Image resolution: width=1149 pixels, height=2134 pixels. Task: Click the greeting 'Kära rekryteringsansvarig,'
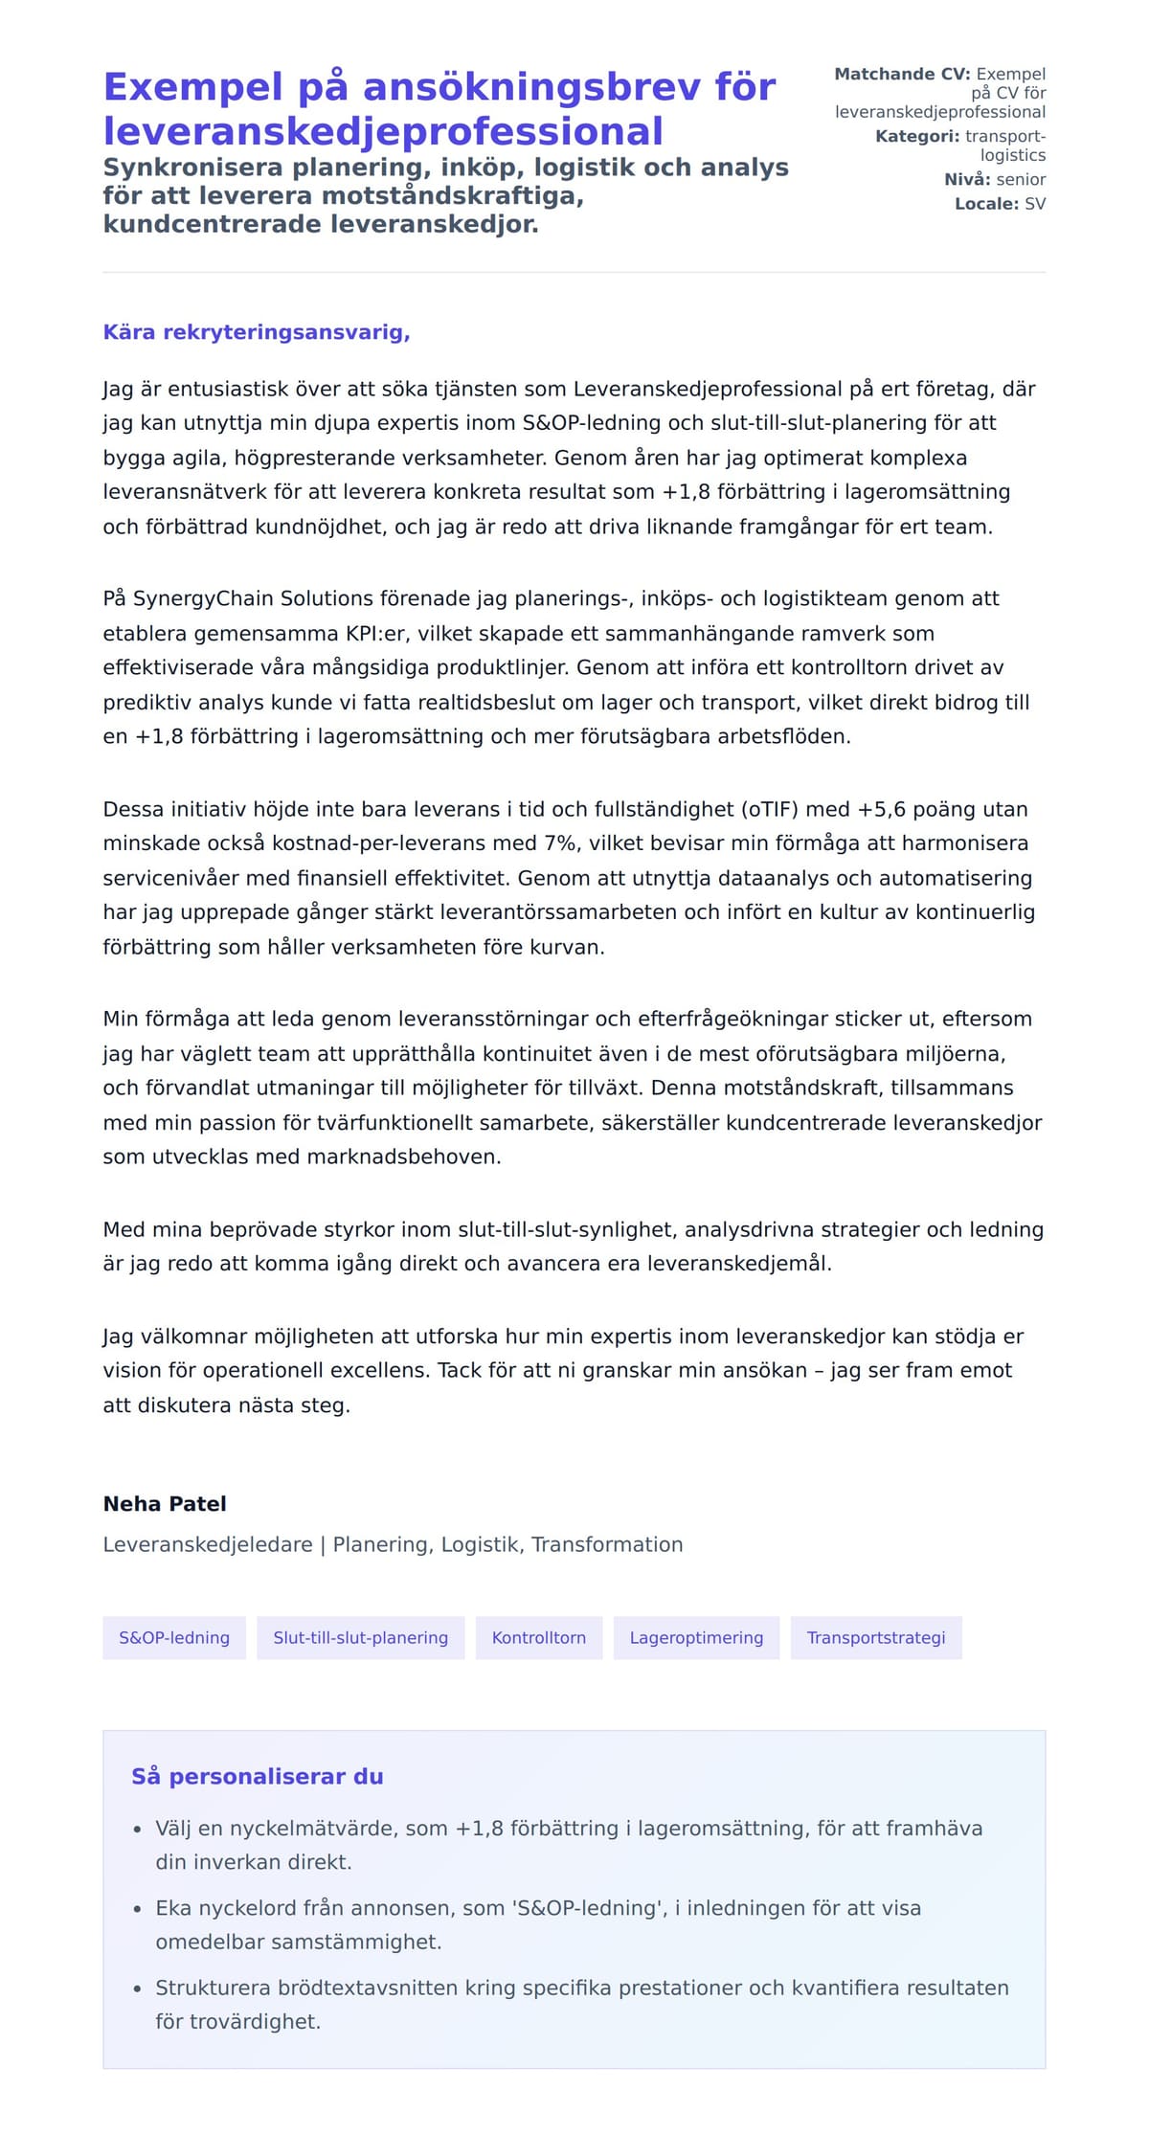click(x=256, y=332)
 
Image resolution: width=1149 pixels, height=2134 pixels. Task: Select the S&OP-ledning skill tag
click(x=174, y=1637)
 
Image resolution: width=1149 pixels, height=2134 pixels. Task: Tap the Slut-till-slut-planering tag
click(x=360, y=1637)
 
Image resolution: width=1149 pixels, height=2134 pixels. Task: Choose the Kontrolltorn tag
click(x=538, y=1637)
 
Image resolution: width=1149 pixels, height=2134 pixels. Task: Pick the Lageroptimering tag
click(x=696, y=1637)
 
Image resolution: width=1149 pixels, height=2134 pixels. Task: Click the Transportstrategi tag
click(x=875, y=1637)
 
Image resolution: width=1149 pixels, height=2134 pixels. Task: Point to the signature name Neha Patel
click(x=165, y=1503)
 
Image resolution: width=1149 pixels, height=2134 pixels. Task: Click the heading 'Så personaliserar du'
click(x=257, y=1776)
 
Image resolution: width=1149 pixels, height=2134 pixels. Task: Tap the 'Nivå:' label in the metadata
click(x=967, y=179)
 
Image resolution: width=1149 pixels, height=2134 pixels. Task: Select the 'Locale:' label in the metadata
click(x=986, y=204)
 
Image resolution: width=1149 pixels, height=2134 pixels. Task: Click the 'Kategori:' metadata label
click(x=916, y=136)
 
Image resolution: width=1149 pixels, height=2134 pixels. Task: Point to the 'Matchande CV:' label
click(x=902, y=74)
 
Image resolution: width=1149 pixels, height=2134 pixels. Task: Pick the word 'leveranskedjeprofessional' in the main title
click(x=383, y=131)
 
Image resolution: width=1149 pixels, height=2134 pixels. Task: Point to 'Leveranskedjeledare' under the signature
click(x=208, y=1544)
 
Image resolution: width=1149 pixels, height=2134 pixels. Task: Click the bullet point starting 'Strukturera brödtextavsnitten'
click(x=581, y=2004)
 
